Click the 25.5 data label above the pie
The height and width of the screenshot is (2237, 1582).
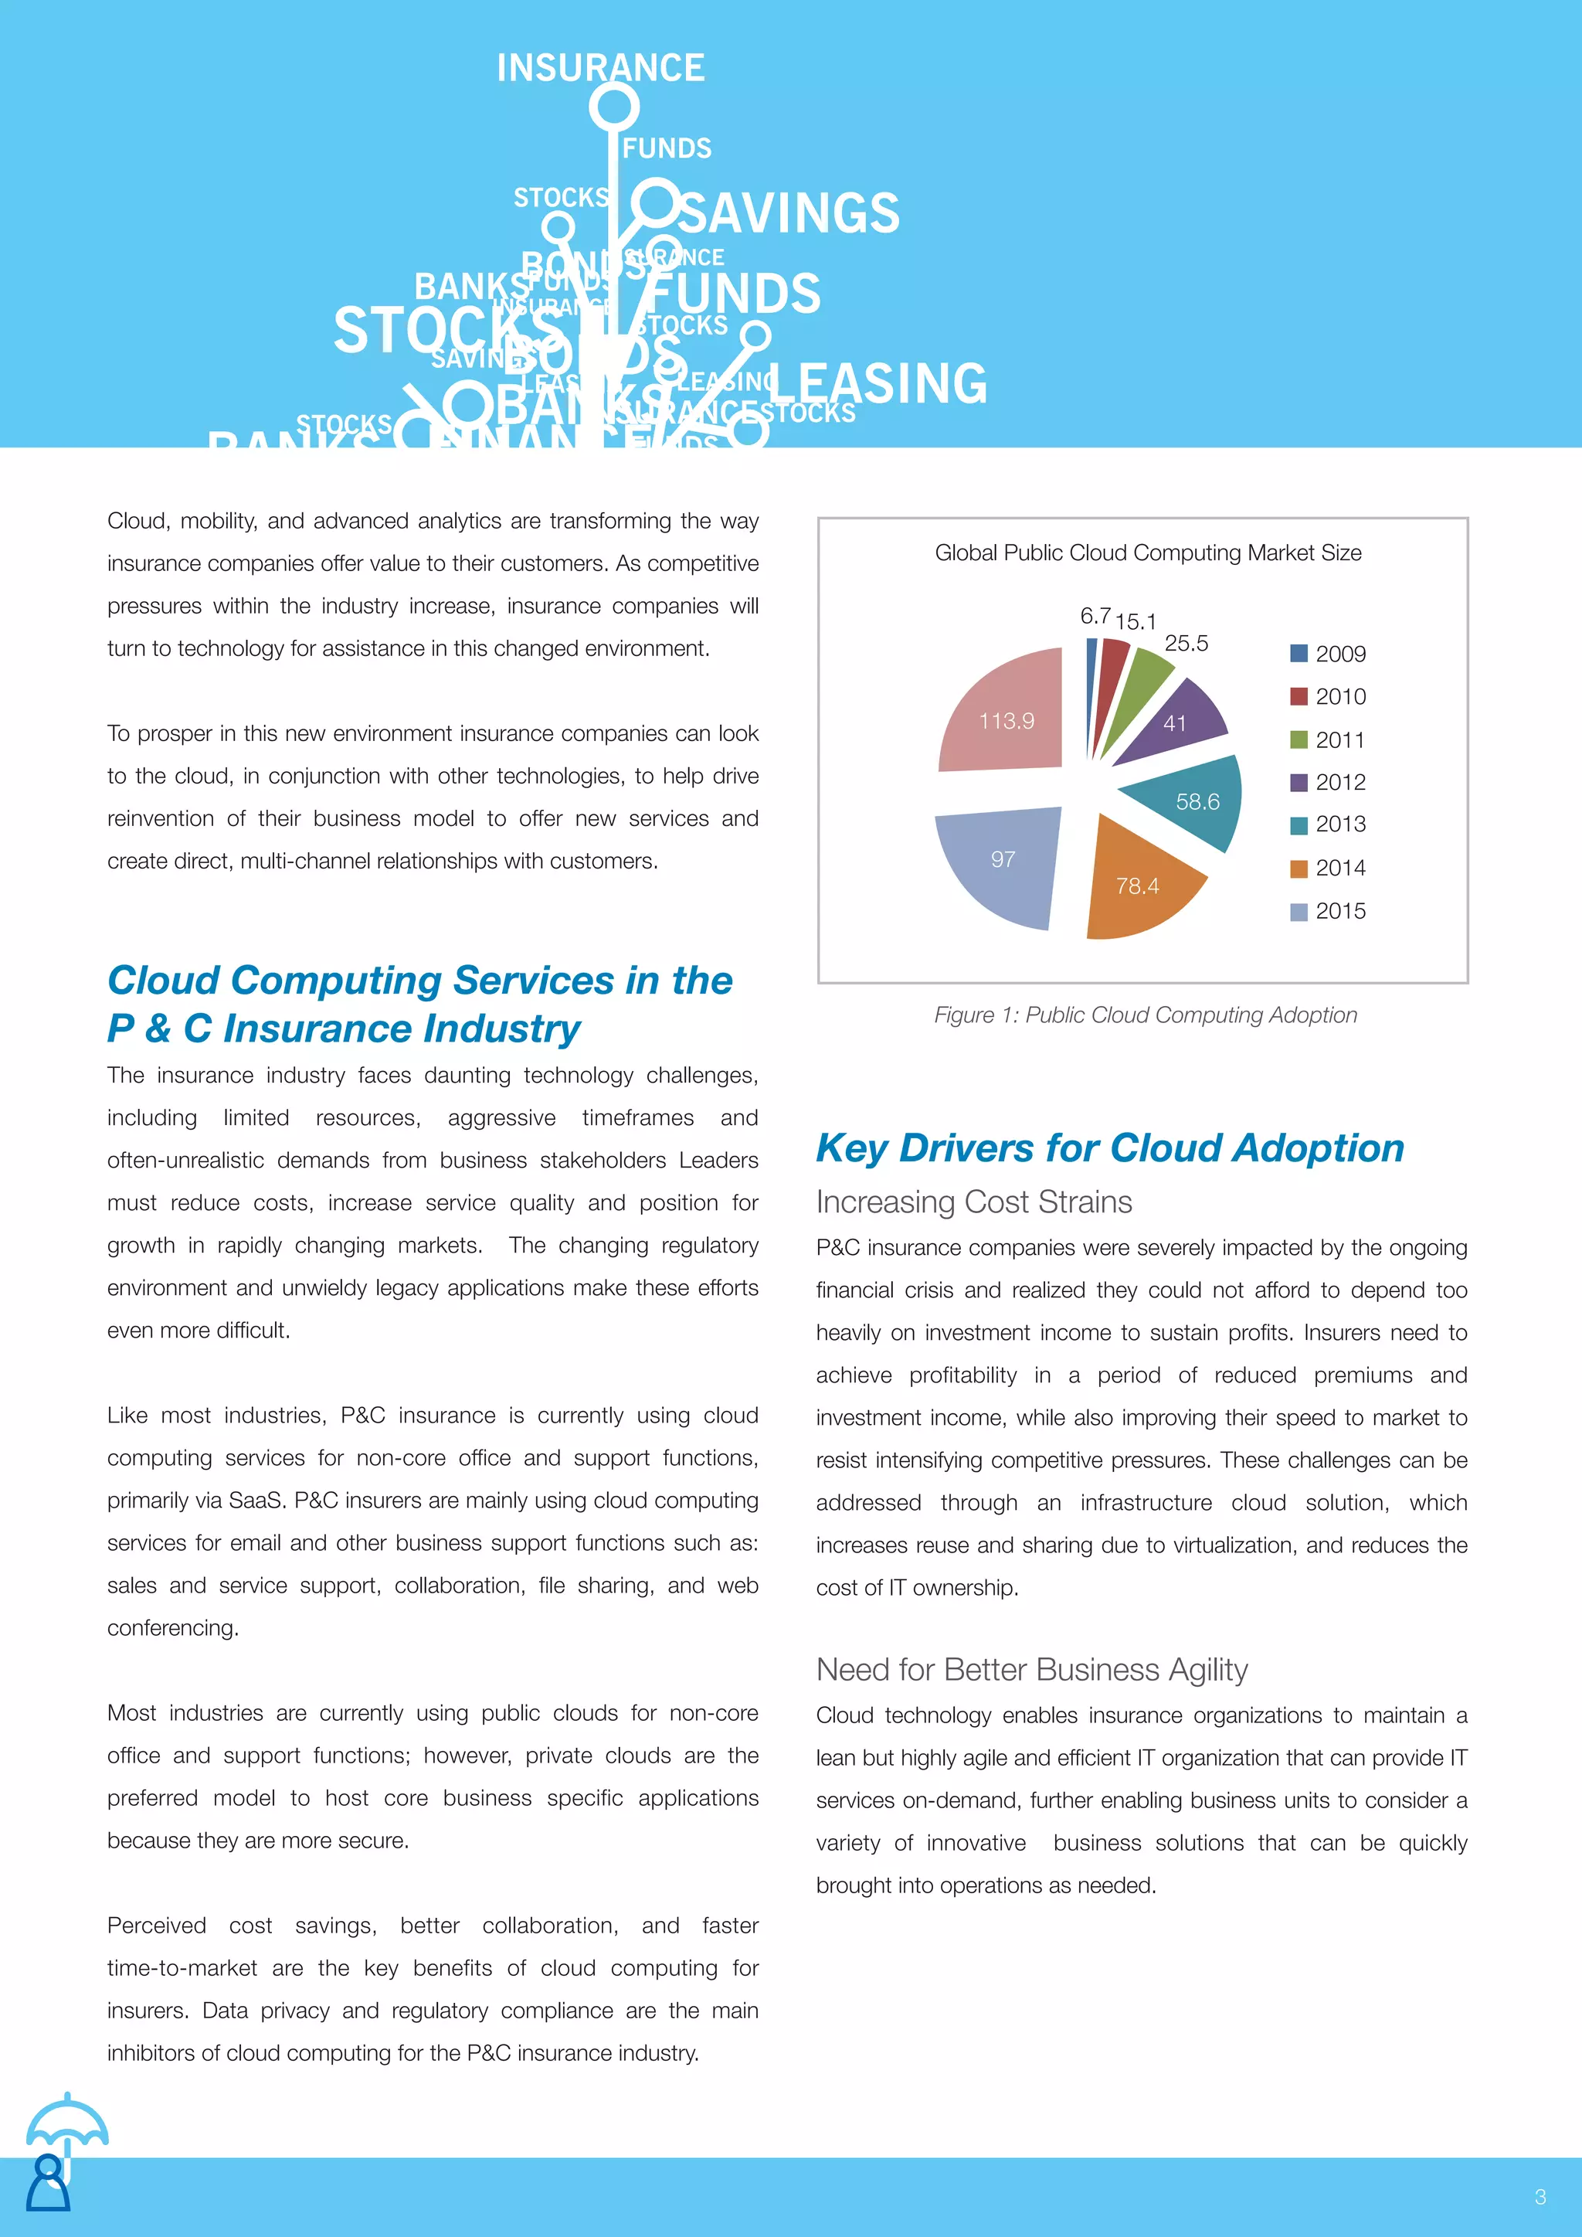point(1186,643)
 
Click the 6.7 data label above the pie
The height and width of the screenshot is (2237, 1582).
point(1095,616)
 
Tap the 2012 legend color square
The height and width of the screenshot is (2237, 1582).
point(1299,782)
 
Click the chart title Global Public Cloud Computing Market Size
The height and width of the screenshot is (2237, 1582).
point(1148,552)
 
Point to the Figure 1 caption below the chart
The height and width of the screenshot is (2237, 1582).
point(1145,1015)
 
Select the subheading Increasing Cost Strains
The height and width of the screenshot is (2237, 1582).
point(973,1202)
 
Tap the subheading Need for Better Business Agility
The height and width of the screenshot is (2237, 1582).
point(1031,1670)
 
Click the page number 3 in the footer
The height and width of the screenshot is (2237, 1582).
point(1540,2197)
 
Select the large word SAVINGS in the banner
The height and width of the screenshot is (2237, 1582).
point(789,213)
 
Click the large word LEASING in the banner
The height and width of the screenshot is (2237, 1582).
point(878,383)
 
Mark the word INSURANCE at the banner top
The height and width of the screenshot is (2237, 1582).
point(600,68)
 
